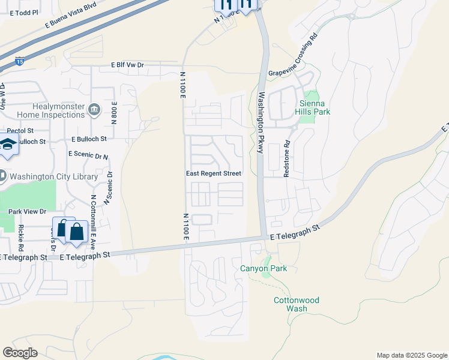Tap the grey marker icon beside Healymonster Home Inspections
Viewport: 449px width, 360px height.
click(x=94, y=109)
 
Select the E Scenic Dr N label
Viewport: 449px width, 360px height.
click(x=88, y=154)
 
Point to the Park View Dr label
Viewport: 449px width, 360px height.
click(x=27, y=211)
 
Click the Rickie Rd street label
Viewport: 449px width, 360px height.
click(x=21, y=238)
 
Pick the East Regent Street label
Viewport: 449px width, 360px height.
click(x=212, y=173)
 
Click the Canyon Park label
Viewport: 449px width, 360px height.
click(x=264, y=268)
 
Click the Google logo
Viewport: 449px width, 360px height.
click(x=20, y=353)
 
